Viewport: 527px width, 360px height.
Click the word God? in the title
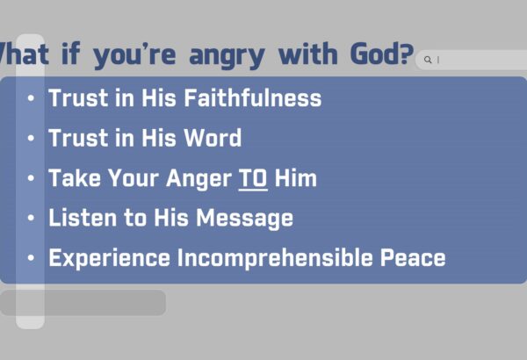382,54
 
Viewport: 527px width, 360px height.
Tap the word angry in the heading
227,57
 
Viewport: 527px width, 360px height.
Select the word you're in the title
134,56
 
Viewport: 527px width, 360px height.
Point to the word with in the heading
308,54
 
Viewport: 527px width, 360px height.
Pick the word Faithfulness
252,97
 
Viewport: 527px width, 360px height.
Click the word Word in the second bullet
213,138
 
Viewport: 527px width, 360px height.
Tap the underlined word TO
253,179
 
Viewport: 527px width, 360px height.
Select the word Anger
199,180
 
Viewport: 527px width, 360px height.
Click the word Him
296,178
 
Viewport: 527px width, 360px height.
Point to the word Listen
83,218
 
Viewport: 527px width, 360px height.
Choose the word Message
245,220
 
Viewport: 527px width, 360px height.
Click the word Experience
110,259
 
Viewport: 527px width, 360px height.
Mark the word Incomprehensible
275,259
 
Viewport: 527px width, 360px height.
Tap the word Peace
413,258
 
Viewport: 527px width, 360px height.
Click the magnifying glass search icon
428,60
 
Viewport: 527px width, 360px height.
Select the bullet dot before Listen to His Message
31,218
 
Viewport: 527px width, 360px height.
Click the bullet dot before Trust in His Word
31,138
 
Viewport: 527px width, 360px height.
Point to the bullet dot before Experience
31,258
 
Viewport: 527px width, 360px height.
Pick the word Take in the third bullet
75,178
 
